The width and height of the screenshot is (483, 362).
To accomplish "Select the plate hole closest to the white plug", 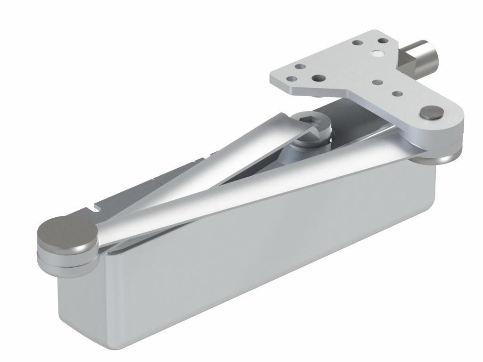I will pyautogui.click(x=383, y=41).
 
